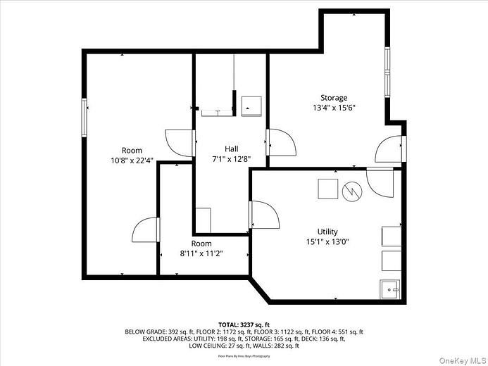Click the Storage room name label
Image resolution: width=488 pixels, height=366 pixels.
coord(334,98)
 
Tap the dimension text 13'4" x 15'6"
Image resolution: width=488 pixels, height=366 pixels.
coord(334,108)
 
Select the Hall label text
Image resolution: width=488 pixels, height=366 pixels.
coord(231,149)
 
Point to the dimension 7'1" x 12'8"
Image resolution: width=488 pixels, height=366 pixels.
coord(231,159)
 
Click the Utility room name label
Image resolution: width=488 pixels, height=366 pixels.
coord(327,232)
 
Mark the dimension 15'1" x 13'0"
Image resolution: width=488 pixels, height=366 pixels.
coord(327,242)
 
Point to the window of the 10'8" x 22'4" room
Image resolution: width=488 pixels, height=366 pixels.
coord(85,118)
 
